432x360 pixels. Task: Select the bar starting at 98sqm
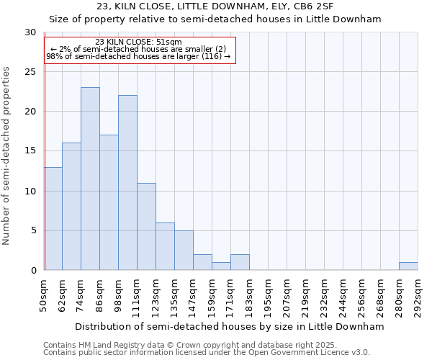[x=127, y=183]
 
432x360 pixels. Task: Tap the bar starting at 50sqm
[x=53, y=219]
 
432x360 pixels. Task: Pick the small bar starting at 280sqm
[x=408, y=266]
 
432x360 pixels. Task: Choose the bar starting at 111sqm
[x=146, y=227]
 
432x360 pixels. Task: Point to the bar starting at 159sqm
[x=221, y=266]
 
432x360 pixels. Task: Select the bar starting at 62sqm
[x=71, y=207]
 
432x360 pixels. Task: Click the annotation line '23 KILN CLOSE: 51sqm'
[x=138, y=42]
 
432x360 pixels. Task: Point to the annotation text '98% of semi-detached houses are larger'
[x=138, y=56]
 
